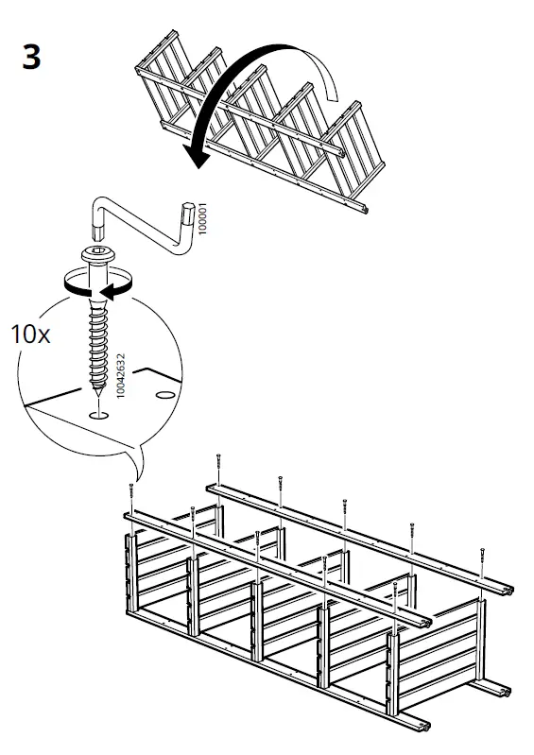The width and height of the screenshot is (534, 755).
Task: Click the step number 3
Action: [32, 58]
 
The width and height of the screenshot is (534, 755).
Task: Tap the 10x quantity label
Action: [30, 334]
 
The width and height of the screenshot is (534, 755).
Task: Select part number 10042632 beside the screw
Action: [121, 375]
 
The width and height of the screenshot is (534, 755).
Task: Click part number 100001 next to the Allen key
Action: [202, 218]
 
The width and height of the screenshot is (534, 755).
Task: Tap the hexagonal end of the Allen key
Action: [188, 212]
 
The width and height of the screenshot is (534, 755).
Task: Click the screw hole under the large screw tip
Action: [98, 415]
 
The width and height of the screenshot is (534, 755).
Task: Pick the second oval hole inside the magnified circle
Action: [165, 395]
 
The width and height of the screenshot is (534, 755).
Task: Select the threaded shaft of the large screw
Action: [98, 348]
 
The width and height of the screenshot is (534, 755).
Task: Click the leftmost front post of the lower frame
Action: [131, 574]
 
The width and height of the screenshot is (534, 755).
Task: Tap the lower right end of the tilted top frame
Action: [364, 209]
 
